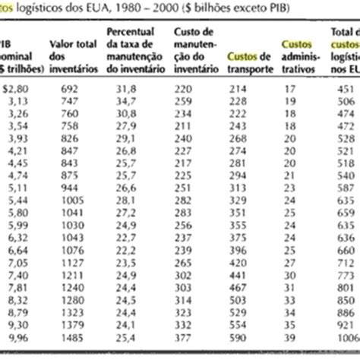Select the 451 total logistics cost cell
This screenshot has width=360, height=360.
pyautogui.click(x=341, y=87)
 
